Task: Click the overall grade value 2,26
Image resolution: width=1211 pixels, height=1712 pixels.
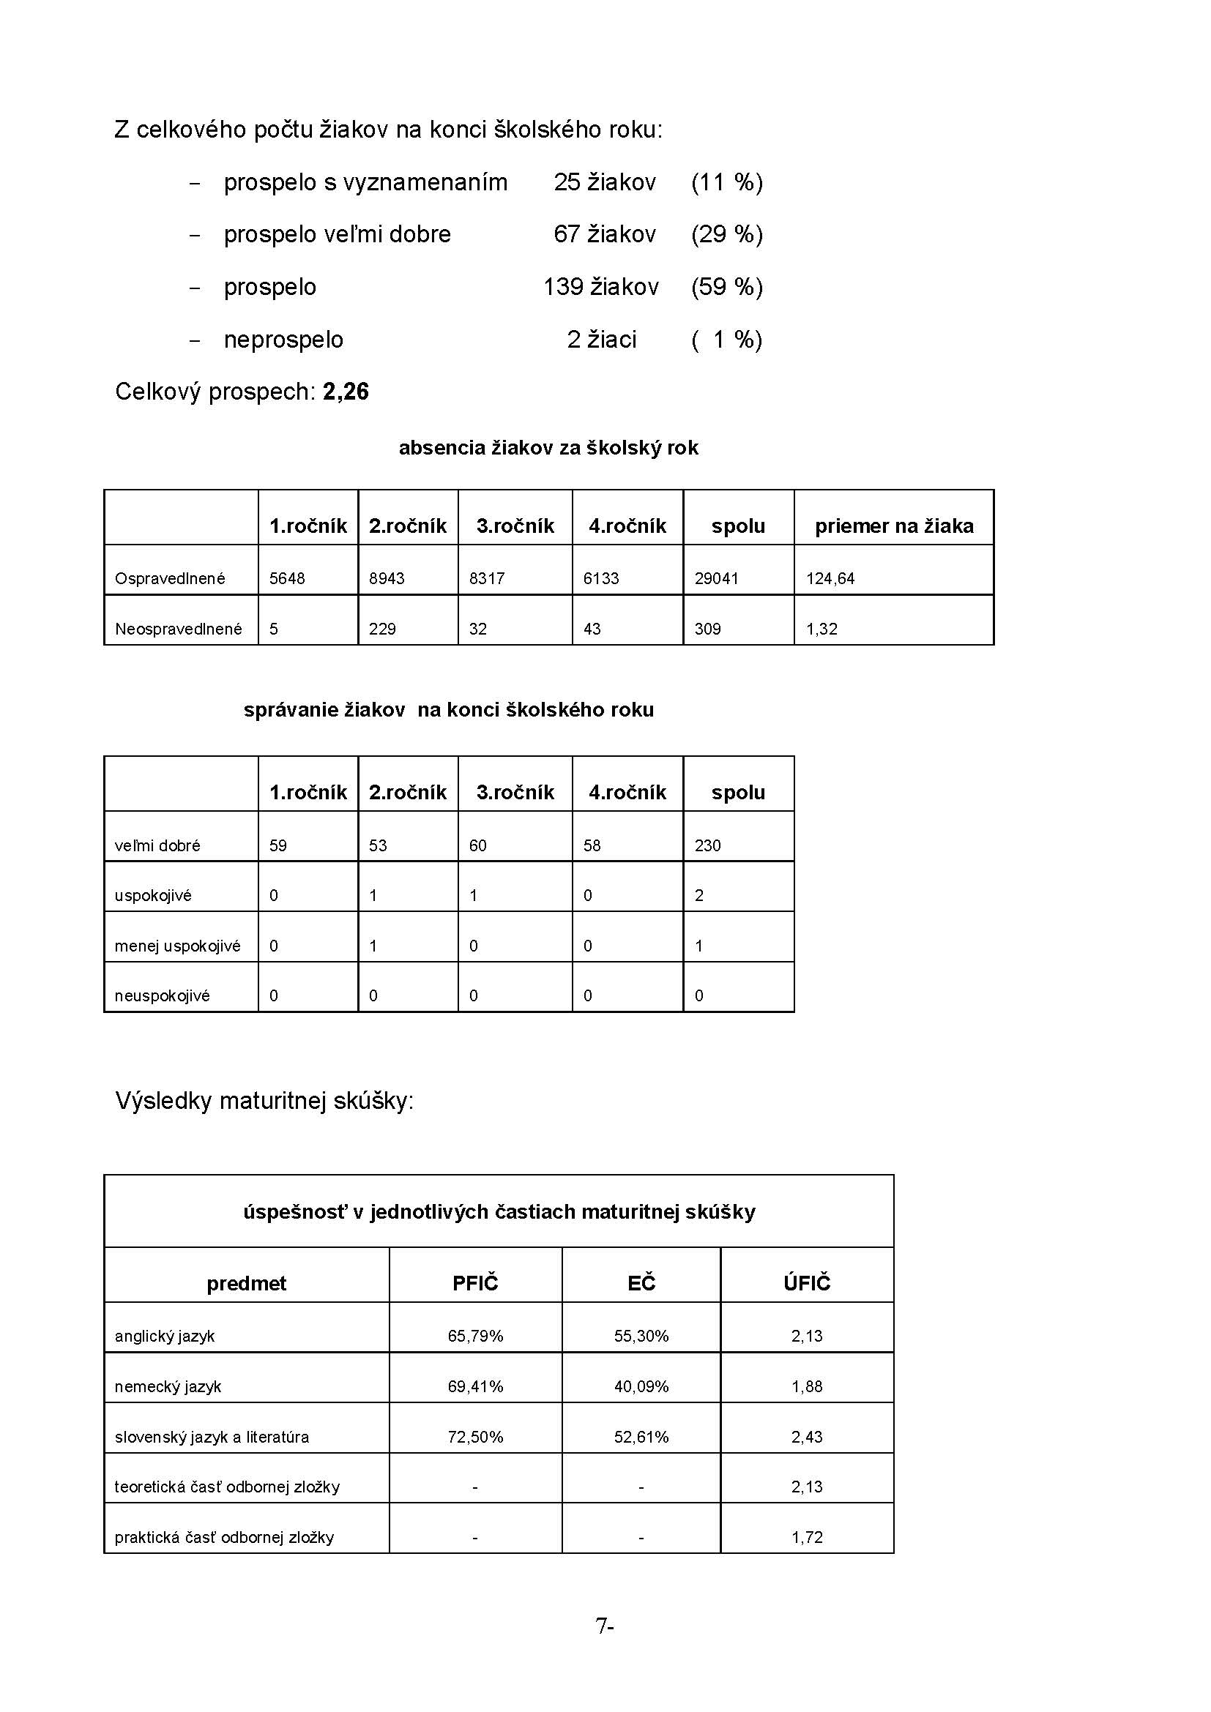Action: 346,392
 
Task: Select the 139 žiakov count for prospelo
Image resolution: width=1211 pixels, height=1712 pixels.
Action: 600,287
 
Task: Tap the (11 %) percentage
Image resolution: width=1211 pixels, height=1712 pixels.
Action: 726,183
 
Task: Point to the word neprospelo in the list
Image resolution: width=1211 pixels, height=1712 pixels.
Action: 283,340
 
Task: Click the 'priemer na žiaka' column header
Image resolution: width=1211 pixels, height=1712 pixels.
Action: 893,526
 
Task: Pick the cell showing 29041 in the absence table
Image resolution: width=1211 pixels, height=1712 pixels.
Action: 716,579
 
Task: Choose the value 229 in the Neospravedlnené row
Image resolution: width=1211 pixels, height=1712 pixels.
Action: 381,629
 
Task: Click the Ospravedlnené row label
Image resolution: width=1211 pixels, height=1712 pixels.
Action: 170,579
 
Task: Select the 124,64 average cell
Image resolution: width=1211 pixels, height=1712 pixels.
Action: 830,579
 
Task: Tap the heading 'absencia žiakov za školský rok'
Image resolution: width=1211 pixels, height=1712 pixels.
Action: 548,448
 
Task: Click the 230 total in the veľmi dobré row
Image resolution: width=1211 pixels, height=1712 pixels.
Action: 708,845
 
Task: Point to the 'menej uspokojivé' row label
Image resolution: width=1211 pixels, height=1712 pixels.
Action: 177,946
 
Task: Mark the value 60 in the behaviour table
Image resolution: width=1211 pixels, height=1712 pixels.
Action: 477,845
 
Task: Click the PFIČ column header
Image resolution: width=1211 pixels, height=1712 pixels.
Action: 475,1283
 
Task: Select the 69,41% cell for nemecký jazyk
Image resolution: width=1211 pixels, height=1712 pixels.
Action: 475,1386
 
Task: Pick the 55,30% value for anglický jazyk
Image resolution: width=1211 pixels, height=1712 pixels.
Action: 641,1337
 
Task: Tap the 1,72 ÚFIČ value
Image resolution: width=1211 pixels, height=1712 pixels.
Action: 807,1537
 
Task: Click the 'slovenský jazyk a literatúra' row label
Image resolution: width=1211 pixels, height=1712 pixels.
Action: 212,1437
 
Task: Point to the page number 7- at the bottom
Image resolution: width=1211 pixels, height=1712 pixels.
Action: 604,1626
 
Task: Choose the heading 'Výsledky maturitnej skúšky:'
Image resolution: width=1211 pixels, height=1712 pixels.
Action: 264,1101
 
